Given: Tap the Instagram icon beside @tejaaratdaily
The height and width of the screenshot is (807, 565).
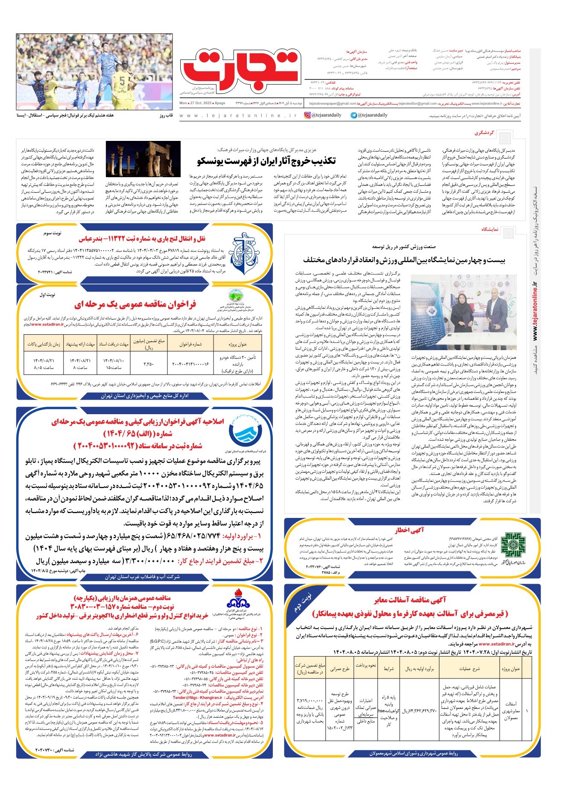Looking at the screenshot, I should coord(307,115).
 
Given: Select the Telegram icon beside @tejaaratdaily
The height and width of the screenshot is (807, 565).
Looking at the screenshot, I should coord(354,115).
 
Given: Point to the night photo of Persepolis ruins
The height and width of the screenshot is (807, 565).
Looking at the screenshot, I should coord(143,159).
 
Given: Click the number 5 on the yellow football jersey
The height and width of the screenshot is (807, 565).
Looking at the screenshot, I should coord(122,80).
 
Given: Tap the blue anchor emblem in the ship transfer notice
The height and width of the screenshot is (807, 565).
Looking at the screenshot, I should coord(244,253).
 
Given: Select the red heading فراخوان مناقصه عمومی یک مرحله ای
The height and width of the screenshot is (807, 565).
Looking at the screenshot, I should coord(135,304).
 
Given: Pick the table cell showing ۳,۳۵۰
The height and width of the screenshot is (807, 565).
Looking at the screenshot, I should coord(143,364).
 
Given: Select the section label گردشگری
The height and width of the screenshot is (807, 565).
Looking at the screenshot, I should coord(484,133).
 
